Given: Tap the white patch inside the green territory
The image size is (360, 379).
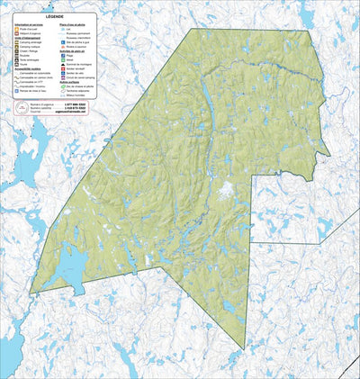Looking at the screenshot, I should click(227, 189).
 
